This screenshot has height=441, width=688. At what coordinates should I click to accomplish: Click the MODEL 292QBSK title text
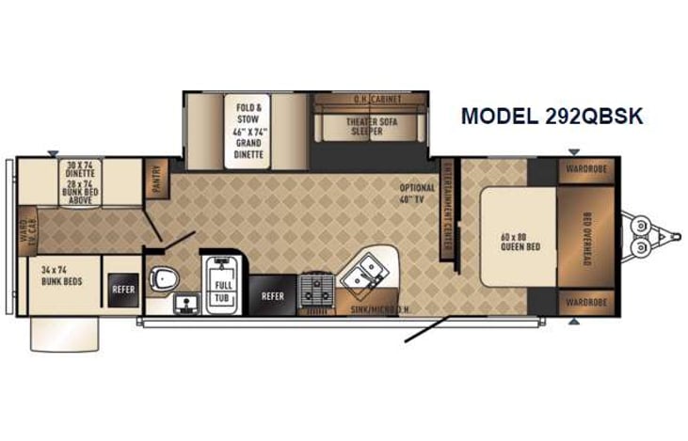552,117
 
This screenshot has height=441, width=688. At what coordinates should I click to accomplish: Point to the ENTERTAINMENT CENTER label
445,204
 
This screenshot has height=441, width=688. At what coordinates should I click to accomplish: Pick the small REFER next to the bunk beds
122,290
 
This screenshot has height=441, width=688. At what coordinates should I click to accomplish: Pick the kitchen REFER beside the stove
272,295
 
